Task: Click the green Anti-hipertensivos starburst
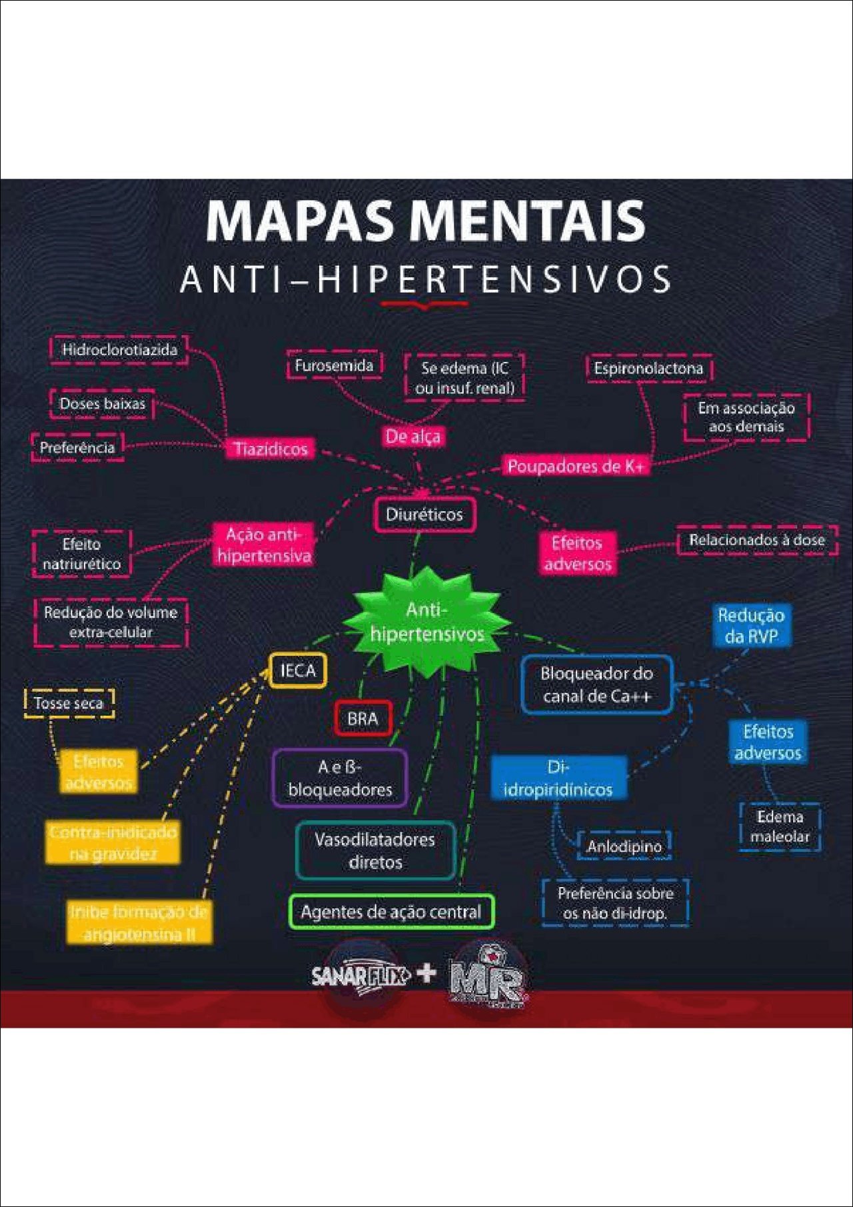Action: click(426, 622)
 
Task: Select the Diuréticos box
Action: click(425, 515)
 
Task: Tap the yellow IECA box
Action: click(298, 670)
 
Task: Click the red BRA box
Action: click(363, 718)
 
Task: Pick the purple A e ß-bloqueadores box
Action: click(340, 778)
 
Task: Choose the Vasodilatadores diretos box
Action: click(375, 850)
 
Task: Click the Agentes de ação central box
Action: click(391, 912)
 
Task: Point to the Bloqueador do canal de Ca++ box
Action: click(596, 684)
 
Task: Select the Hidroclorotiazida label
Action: click(119, 350)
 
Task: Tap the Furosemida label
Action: click(334, 365)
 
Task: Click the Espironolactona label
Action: click(648, 368)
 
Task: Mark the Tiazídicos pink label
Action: click(271, 449)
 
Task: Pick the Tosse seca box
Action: click(69, 703)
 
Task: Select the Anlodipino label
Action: click(624, 846)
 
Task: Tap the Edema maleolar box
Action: click(780, 826)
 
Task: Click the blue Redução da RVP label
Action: click(751, 625)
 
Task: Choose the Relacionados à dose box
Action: click(757, 540)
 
